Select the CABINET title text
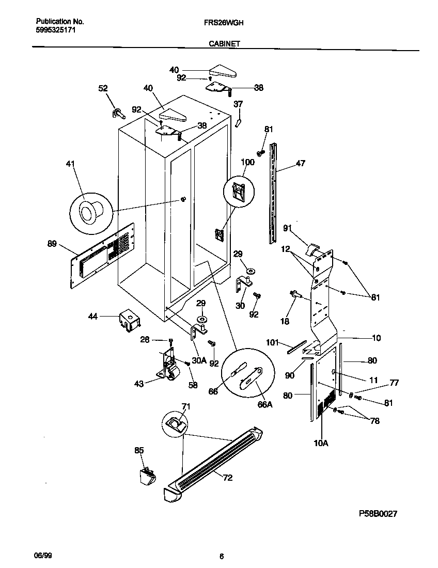(224, 44)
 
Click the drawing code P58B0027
(378, 514)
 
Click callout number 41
(71, 164)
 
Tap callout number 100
(247, 163)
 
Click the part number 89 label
(52, 244)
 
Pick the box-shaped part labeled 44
(130, 320)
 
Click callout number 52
(103, 88)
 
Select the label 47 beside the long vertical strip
(300, 164)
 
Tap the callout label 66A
(264, 405)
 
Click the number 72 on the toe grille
(227, 478)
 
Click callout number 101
(273, 342)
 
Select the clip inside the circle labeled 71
(175, 424)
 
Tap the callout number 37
(238, 104)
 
